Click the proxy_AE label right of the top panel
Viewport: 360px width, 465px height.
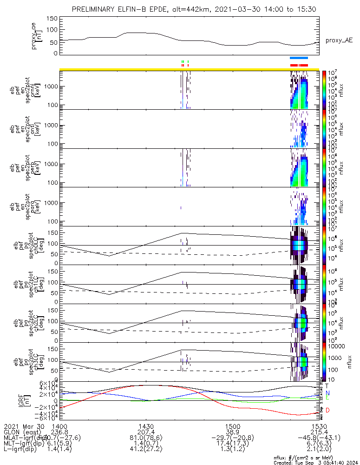[x=339, y=40]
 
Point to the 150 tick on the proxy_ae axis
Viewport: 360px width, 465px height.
[x=52, y=18]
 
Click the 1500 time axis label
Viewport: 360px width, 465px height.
[x=233, y=426]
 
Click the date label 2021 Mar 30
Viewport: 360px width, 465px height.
[x=23, y=426]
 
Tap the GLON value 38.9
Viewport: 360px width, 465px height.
[x=233, y=432]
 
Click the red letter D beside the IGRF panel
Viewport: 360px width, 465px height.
[x=327, y=410]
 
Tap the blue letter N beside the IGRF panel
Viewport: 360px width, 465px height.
[x=327, y=393]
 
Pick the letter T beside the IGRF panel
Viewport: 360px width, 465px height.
[x=327, y=386]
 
